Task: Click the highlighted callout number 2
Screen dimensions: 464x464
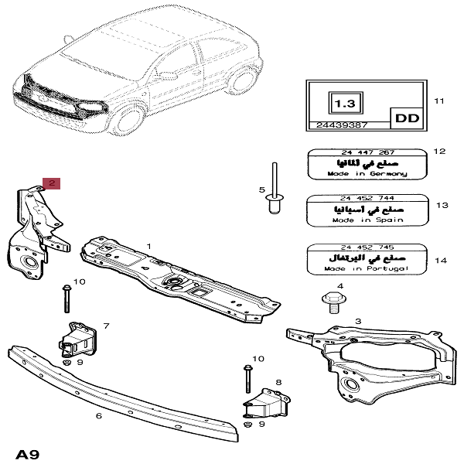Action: pos(51,183)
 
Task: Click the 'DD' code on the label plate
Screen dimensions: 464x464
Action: pos(404,119)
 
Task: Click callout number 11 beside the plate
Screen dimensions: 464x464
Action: pos(440,101)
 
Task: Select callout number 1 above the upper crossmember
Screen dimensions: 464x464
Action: pos(149,246)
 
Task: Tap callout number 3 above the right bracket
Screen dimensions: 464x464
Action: pos(357,320)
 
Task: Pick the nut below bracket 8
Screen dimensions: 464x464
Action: pos(247,424)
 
